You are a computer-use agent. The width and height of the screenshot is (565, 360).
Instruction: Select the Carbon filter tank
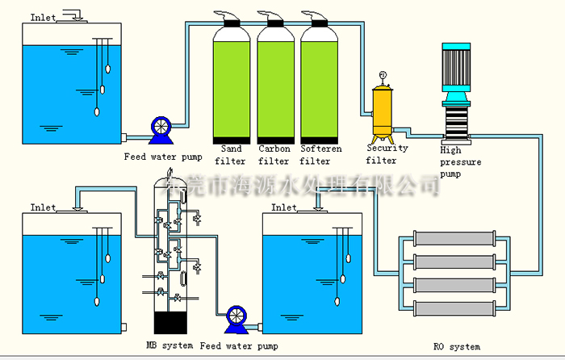(x=274, y=85)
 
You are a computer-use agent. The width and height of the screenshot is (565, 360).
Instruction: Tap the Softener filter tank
(x=318, y=85)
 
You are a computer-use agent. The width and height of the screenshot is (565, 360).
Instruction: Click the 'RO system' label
(x=455, y=347)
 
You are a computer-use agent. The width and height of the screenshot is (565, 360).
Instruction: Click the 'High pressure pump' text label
(x=461, y=161)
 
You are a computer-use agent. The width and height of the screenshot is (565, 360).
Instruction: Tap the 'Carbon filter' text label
(x=274, y=155)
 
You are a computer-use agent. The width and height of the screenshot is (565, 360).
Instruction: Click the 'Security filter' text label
(x=387, y=154)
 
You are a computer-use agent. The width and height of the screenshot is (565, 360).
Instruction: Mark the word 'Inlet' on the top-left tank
(x=43, y=17)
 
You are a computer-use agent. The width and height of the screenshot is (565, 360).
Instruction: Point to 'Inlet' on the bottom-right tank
(x=284, y=207)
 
